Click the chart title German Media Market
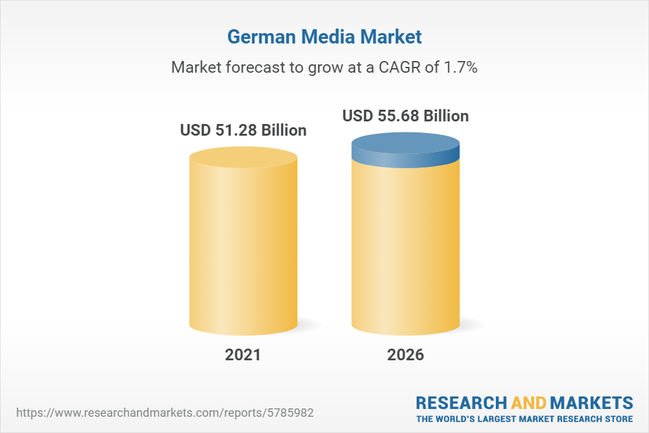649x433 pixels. pos(324,37)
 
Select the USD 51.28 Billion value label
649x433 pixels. pos(243,130)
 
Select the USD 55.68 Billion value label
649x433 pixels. pos(406,116)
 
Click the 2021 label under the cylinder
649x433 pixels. pos(243,355)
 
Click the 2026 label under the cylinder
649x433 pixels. pos(406,355)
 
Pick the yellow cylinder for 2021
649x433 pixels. pos(243,247)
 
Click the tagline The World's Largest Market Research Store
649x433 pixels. pos(524,419)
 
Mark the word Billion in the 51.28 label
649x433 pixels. pos(284,130)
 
